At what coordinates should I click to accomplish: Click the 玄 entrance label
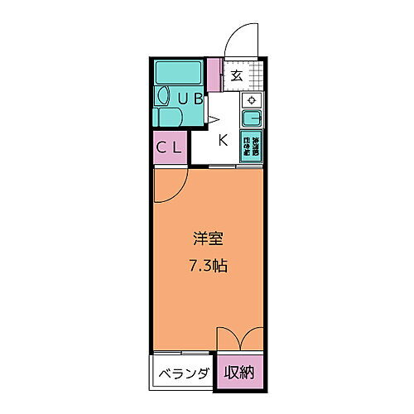point(236,75)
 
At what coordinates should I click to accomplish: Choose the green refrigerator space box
point(251,147)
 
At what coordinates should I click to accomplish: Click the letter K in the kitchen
point(223,139)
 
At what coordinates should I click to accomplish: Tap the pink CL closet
point(171,149)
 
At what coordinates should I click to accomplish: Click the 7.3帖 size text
point(207,267)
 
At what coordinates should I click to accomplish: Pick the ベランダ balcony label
point(183,373)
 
